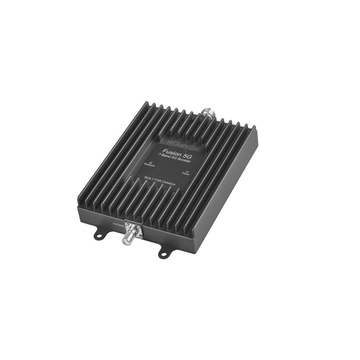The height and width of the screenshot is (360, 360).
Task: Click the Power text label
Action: click(x=186, y=174)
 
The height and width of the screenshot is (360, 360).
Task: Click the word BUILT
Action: click(x=149, y=178)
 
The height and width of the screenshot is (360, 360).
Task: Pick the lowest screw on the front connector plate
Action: click(x=137, y=236)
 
